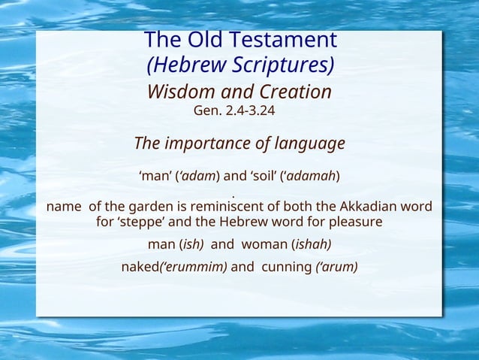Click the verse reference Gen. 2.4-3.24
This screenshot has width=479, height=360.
pos(239,112)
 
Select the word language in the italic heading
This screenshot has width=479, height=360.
pos(309,143)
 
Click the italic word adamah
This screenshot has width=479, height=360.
pos(312,177)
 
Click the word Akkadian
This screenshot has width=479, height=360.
pos(369,207)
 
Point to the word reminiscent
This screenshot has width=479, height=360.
pos(233,207)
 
